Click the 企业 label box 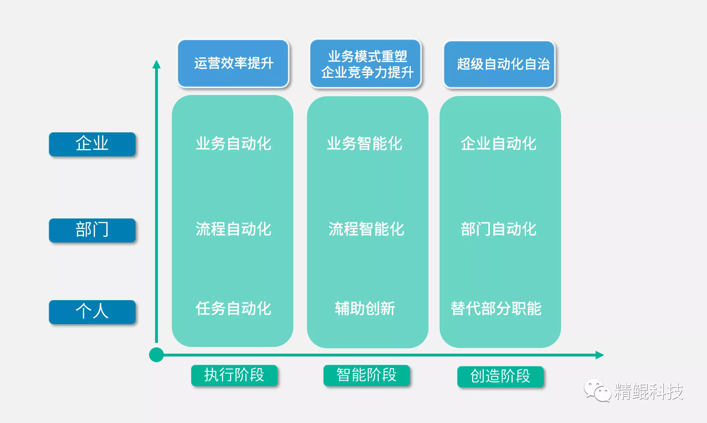92,144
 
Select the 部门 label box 92,230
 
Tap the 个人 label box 92,312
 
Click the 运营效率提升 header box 233,63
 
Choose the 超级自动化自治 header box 499,64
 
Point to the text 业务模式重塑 367,57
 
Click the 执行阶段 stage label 234,376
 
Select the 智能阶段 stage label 366,376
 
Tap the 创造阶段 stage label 500,377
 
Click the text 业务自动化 233,144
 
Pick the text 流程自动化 233,229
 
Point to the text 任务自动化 233,309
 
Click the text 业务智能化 365,144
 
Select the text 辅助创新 365,309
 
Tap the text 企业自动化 498,144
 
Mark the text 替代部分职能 496,309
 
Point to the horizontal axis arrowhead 599,355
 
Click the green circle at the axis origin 156,355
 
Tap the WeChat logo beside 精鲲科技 597,390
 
